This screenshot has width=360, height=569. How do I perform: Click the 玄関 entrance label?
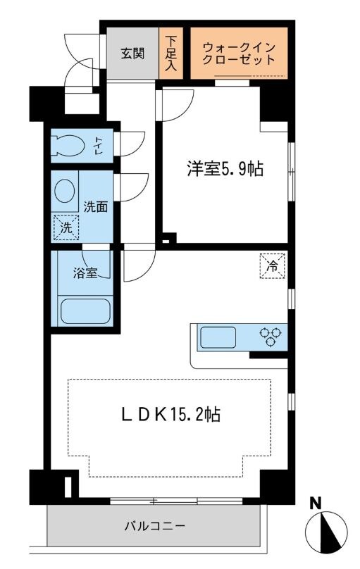coord(132,54)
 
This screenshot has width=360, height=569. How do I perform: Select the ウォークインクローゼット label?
coord(239,54)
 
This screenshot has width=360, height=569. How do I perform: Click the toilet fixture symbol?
coord(68,146)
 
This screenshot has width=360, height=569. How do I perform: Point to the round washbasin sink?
coord(66,192)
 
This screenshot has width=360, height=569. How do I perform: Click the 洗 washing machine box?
coord(66,227)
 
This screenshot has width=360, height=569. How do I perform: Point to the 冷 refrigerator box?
coord(272,265)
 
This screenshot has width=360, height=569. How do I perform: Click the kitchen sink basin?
coord(223,337)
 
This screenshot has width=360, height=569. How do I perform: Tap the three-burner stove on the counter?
coord(270,337)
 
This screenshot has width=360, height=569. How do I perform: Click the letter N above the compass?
coord(316,504)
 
